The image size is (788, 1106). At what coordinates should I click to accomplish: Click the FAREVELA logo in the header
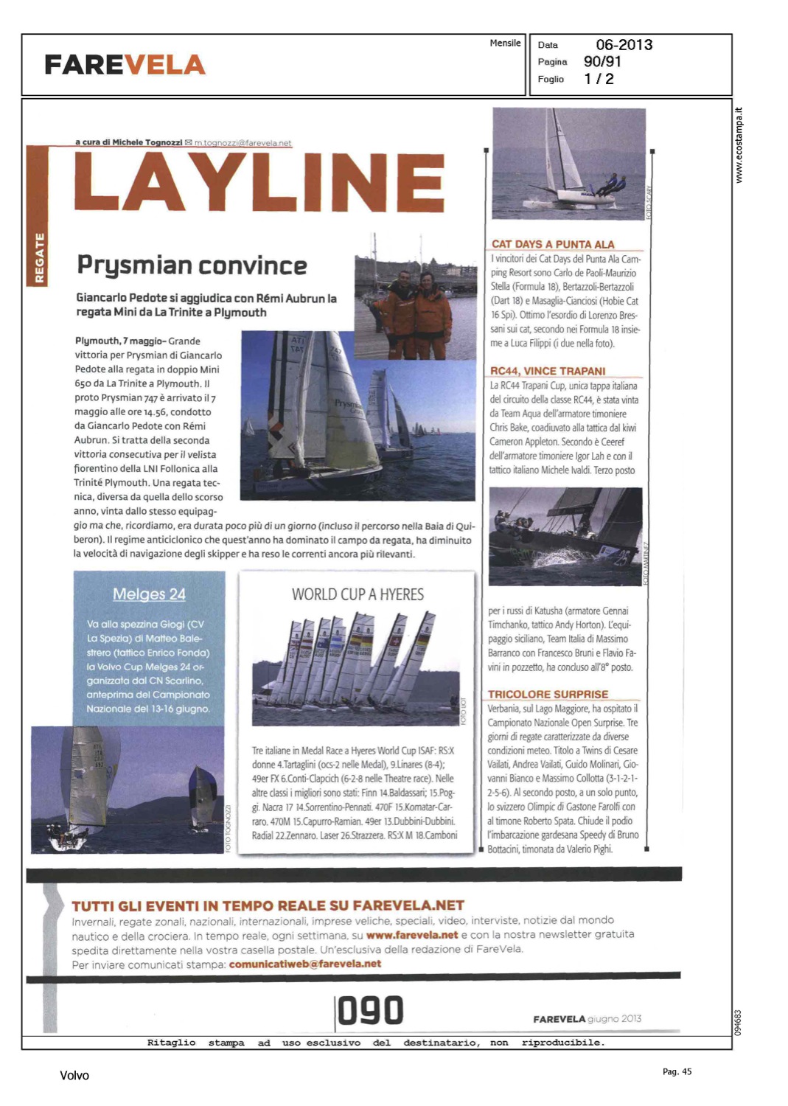[x=125, y=65]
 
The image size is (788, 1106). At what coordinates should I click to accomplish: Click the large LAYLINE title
[x=259, y=181]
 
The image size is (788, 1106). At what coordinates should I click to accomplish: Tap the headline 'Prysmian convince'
[x=192, y=265]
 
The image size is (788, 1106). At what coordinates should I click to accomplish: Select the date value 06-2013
[x=624, y=45]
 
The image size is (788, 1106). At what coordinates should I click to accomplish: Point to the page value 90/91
[x=602, y=62]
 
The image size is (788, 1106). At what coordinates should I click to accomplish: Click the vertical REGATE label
[x=39, y=257]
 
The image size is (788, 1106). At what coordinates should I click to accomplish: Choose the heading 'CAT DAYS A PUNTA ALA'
[x=552, y=244]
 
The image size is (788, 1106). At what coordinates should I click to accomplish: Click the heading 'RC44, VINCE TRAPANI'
[x=548, y=371]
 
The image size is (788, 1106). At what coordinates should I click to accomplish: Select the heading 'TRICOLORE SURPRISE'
[x=548, y=695]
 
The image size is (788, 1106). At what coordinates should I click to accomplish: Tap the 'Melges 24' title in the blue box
[x=149, y=594]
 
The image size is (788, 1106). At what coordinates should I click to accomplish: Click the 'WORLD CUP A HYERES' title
[x=358, y=594]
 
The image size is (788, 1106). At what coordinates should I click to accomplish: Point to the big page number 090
[x=371, y=1011]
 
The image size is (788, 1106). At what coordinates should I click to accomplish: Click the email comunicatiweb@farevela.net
[x=305, y=964]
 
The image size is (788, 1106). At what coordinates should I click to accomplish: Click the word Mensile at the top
[x=505, y=44]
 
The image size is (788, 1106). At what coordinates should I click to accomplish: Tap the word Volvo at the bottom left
[x=74, y=1076]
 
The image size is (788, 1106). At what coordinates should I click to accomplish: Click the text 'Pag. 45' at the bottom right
[x=677, y=1072]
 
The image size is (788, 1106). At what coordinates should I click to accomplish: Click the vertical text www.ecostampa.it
[x=739, y=145]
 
